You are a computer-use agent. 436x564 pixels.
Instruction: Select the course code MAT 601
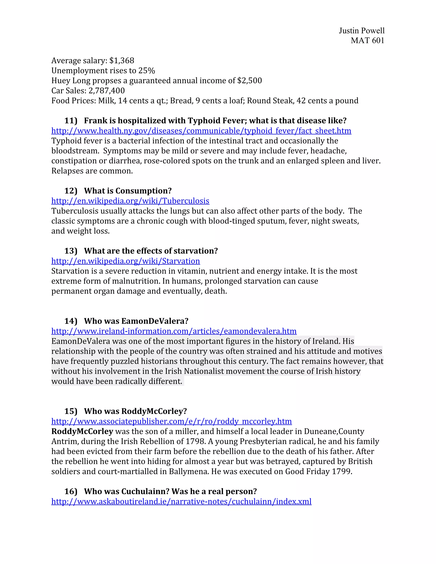click(367, 40)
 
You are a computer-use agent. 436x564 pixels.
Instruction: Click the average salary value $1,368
click(122, 61)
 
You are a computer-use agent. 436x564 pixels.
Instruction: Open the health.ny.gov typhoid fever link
click(201, 131)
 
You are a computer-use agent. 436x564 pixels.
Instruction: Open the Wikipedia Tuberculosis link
click(130, 201)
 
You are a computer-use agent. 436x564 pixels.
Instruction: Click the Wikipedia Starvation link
click(126, 261)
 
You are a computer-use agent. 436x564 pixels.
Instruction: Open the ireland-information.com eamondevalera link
click(174, 331)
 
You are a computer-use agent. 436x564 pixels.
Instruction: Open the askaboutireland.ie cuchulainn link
click(181, 501)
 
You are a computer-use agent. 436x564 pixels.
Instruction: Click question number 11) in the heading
click(71, 121)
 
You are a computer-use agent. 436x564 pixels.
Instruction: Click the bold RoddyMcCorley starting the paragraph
click(82, 431)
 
